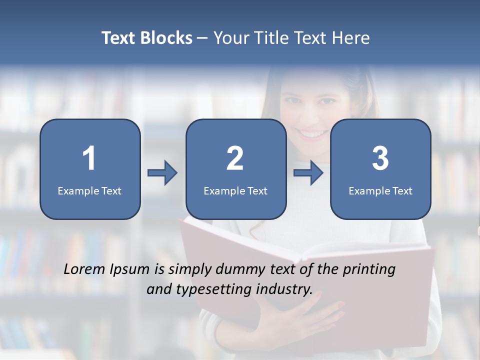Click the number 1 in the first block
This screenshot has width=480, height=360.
click(x=89, y=158)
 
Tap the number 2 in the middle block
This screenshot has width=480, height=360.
click(x=235, y=158)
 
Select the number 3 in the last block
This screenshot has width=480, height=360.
click(x=380, y=158)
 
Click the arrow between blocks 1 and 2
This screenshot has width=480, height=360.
click(x=162, y=173)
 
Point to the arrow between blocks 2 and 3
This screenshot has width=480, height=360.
click(x=308, y=173)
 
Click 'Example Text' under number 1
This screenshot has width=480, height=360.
click(x=89, y=191)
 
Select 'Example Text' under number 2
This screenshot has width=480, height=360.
click(x=235, y=191)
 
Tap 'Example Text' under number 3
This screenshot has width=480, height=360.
click(x=380, y=191)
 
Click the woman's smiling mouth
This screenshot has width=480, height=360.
click(x=312, y=134)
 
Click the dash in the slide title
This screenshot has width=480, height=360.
click(x=202, y=38)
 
